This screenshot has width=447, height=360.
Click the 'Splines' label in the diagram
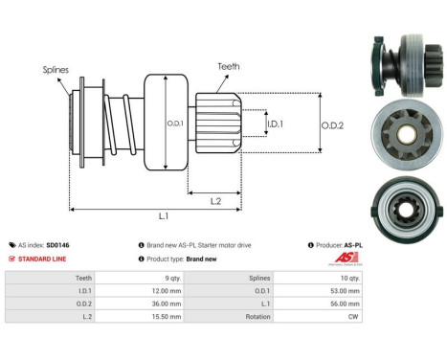tap(56, 70)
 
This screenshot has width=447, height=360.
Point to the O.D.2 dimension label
tap(334, 122)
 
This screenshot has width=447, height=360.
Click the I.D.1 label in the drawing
tap(275, 124)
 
